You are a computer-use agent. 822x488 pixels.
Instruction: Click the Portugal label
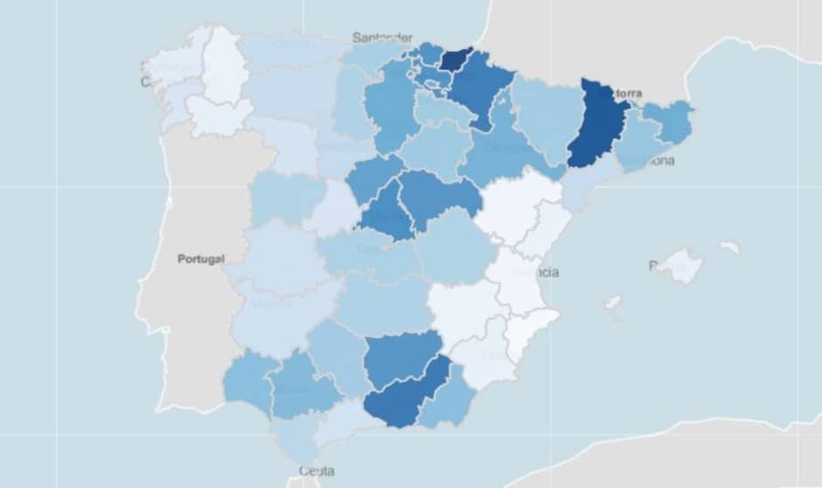200,259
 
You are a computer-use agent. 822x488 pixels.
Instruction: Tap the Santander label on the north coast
382,38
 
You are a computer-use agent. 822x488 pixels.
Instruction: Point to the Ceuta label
316,471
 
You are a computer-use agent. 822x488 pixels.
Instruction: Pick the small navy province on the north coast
455,59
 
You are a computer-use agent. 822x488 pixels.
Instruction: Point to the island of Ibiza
613,303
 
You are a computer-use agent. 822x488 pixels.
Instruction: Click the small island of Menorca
729,247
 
